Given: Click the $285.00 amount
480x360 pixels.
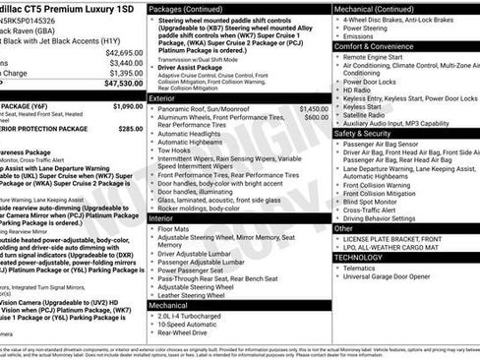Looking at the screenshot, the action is tap(130, 129).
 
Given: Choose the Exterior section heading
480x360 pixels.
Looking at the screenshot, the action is tap(162, 98).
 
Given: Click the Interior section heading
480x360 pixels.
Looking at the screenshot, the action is tap(161, 217).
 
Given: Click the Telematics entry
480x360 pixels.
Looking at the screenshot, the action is tap(359, 268).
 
